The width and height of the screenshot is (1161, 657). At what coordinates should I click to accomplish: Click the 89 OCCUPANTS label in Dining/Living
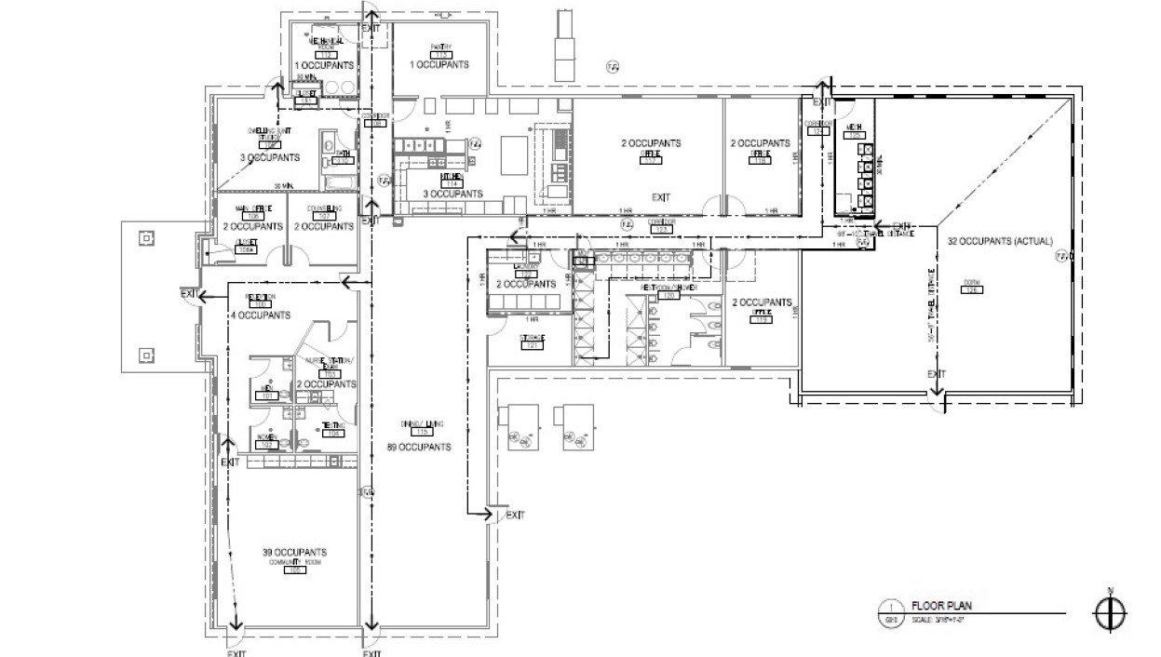[419, 448]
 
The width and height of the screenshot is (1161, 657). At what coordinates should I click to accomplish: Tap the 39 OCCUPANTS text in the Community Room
[294, 553]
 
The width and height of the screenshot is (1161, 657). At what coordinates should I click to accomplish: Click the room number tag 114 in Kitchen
[453, 184]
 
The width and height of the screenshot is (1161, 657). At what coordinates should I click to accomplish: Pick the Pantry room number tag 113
[440, 55]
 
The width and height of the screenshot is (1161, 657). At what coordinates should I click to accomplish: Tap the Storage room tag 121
[533, 346]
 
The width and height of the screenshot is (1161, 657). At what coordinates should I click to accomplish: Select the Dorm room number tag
[973, 290]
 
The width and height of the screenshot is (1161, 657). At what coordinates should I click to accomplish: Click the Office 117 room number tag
[652, 161]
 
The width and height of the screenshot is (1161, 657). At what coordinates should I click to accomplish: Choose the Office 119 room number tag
[762, 321]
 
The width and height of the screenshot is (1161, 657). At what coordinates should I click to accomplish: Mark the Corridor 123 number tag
[660, 229]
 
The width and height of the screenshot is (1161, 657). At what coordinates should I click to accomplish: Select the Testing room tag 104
[332, 432]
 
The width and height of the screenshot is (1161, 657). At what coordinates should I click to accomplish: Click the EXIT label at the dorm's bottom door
[937, 374]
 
